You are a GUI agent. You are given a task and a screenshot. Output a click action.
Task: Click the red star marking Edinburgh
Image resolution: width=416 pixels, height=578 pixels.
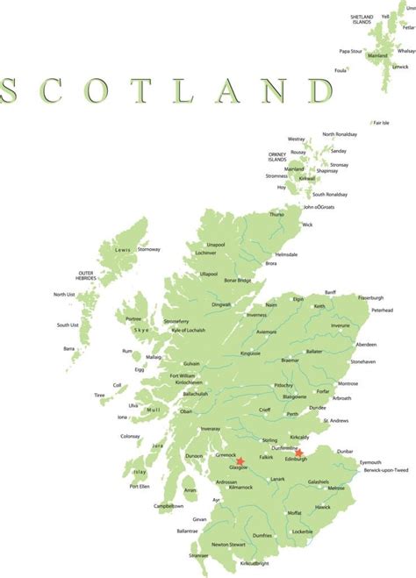(x=299, y=453)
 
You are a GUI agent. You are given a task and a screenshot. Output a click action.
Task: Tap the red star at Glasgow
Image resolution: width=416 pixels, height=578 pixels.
(x=240, y=460)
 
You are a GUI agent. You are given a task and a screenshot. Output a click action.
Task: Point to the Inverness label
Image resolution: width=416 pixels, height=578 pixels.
(x=256, y=315)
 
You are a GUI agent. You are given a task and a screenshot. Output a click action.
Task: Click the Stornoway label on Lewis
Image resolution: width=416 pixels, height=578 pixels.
(x=149, y=249)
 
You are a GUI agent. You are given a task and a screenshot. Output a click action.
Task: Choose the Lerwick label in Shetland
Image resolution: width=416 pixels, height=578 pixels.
(x=401, y=67)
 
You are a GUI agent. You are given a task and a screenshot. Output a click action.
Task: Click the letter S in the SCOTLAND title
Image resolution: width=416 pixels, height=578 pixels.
(x=11, y=91)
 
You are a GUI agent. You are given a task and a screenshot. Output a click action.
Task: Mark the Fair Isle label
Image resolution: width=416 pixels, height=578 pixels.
(x=381, y=123)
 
